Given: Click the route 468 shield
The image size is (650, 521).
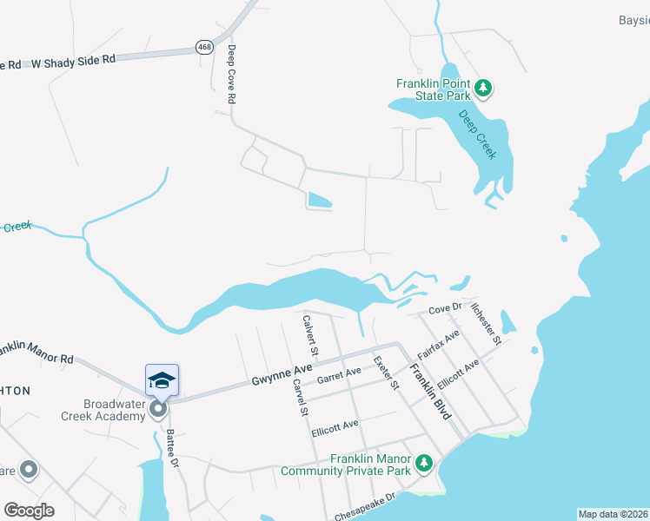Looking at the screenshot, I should [x=204, y=48].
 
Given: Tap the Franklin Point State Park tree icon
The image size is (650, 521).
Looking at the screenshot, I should [x=484, y=88].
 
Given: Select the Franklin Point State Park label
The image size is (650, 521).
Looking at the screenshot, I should [x=433, y=89].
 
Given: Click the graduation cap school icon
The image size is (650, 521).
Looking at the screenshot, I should [x=162, y=380].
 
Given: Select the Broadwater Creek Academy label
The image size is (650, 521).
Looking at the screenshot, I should [x=113, y=410].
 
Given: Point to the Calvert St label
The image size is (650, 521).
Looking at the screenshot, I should [x=310, y=336].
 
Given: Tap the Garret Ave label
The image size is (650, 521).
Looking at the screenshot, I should [x=339, y=375].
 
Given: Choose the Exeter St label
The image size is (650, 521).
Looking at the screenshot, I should [x=385, y=373].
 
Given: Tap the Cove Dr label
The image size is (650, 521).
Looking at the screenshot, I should [x=444, y=309].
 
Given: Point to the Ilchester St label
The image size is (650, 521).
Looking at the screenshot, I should [x=486, y=323].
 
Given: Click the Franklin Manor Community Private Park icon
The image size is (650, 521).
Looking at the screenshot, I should [x=423, y=464].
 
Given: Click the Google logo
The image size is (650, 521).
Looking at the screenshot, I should [x=29, y=510].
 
